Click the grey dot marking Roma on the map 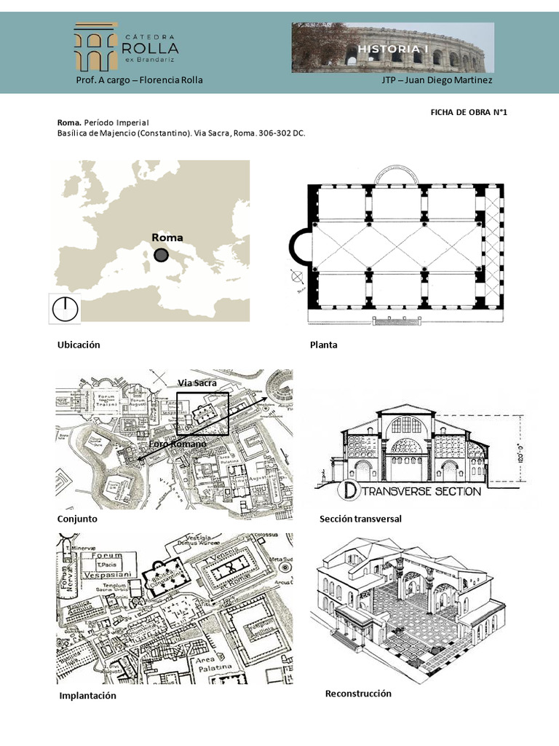click(161, 255)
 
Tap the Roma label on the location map click(167, 237)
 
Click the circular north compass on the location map click(64, 309)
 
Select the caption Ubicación click(78, 345)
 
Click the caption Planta click(323, 345)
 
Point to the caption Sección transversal click(360, 519)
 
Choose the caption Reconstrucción click(358, 694)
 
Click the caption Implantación click(87, 696)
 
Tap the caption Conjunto click(77, 519)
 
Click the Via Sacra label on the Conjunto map click(197, 383)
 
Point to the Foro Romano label click(178, 444)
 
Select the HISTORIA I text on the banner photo click(393, 47)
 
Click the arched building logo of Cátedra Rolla click(97, 47)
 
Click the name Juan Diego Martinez click(455, 80)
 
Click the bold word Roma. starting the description click(69, 123)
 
